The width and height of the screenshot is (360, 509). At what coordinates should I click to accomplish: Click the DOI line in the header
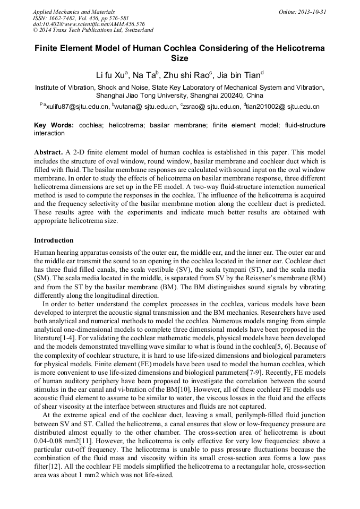[x=89, y=24]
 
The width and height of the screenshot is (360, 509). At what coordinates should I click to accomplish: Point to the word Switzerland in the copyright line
[x=135, y=31]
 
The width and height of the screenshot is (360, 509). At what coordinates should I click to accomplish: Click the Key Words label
[x=54, y=125]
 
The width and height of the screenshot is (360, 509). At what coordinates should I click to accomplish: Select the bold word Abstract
[x=49, y=152]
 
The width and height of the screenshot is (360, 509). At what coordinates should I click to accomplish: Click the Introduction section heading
[x=54, y=240]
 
